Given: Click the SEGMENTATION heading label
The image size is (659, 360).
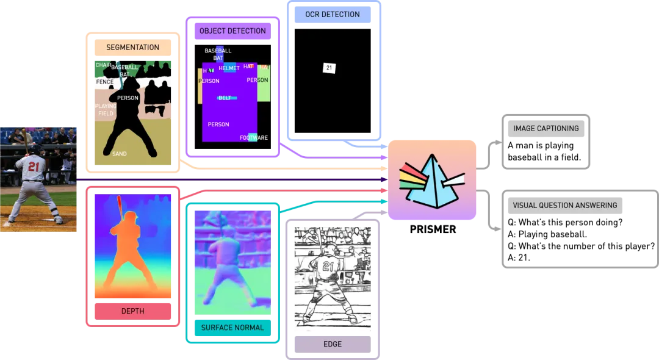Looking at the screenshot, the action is [x=132, y=48].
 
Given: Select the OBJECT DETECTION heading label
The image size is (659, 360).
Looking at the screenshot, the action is [x=232, y=31].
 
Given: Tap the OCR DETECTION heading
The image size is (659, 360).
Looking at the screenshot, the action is [x=333, y=14].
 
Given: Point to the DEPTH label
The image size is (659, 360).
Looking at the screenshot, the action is [x=132, y=311].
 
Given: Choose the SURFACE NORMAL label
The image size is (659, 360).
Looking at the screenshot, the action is [x=232, y=328].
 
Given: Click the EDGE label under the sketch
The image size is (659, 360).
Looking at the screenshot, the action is [x=333, y=344].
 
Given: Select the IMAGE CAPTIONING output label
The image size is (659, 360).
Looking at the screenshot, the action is [x=546, y=129].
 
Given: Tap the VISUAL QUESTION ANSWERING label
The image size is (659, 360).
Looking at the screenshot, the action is [x=564, y=206].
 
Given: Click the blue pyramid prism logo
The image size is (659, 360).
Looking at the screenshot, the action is [x=433, y=179].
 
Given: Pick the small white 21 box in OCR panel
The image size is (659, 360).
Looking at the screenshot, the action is [x=329, y=68].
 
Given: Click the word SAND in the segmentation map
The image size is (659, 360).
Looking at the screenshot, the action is [x=120, y=154].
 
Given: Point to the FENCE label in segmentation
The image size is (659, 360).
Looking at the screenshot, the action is [x=104, y=82].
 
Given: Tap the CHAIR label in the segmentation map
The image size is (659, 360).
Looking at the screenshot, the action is [x=103, y=65].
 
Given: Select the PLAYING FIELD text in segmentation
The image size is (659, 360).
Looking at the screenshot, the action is [x=106, y=110].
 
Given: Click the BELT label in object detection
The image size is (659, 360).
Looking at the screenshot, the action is [x=225, y=98].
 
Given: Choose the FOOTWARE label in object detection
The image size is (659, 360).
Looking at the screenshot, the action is [x=253, y=138].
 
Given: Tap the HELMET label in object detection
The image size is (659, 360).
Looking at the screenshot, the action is [x=229, y=68].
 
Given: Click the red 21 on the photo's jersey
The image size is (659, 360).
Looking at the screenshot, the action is [x=34, y=166].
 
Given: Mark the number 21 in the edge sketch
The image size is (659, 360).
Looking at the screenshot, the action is [x=328, y=266].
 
